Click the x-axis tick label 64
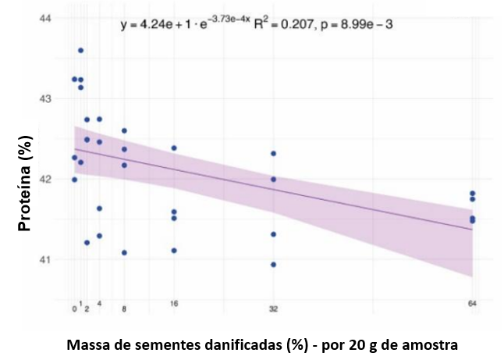[472, 303]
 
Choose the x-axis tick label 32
[273, 309]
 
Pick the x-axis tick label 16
[174, 303]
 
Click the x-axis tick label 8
[124, 309]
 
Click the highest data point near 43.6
[80, 51]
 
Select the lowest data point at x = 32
[273, 265]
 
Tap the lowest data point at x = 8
[124, 253]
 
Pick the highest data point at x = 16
[174, 148]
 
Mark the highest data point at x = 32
[273, 154]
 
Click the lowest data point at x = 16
[174, 251]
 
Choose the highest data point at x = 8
[124, 130]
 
